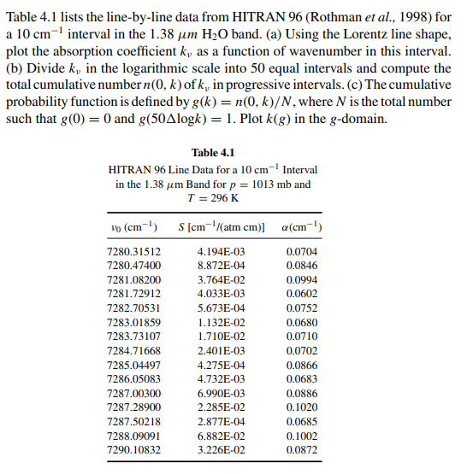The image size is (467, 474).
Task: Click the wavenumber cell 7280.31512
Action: click(135, 252)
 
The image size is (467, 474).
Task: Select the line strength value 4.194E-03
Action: click(221, 252)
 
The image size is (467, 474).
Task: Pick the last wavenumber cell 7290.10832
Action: click(135, 449)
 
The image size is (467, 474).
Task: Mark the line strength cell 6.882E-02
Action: click(221, 435)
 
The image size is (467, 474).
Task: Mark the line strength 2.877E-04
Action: click(221, 421)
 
